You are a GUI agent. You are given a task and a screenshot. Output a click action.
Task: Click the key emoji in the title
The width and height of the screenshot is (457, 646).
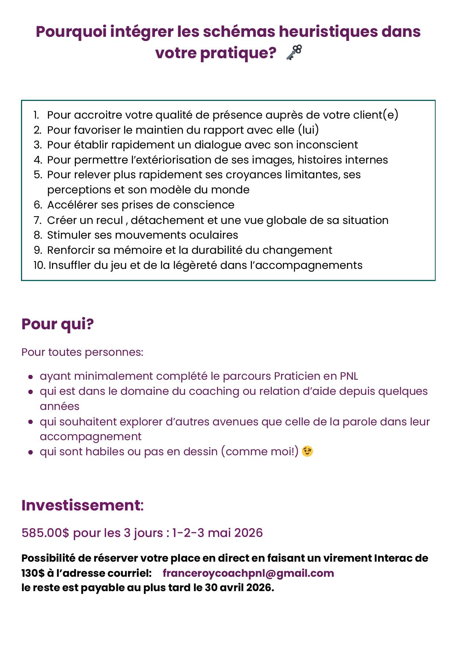[294, 52]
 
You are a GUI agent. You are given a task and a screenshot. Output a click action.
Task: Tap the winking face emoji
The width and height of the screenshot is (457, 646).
[307, 451]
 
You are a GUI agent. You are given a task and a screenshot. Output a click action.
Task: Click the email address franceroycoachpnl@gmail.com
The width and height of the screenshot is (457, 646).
[248, 573]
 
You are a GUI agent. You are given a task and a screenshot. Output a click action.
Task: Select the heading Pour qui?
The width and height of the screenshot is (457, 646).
[57, 324]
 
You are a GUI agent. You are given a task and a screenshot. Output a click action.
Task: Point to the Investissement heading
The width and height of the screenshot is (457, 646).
[82, 505]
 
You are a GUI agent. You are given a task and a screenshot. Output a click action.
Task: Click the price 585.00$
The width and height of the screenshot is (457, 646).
[45, 533]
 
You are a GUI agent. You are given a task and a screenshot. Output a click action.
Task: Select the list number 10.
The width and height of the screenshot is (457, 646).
[39, 265]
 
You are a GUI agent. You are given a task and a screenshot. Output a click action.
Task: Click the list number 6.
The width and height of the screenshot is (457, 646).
[38, 205]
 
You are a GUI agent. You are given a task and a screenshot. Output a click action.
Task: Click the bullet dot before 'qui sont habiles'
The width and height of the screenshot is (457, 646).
[31, 452]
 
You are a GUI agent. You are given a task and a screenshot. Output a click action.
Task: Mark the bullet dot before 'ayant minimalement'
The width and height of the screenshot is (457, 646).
[31, 377]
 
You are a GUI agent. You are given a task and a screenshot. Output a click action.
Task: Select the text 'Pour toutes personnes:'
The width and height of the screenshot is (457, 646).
[82, 352]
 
